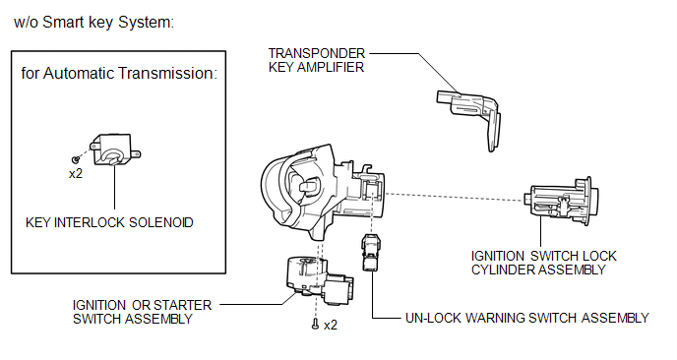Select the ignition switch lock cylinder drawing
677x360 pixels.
[561, 201]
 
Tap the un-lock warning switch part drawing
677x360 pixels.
[370, 252]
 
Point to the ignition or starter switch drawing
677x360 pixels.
[319, 280]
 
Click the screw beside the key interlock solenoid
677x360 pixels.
[76, 159]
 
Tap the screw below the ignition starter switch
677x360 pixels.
[315, 324]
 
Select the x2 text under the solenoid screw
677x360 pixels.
[76, 173]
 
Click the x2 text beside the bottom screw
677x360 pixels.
[331, 325]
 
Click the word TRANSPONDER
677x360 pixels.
[317, 53]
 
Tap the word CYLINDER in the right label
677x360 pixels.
[502, 270]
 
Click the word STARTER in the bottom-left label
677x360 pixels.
[183, 305]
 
